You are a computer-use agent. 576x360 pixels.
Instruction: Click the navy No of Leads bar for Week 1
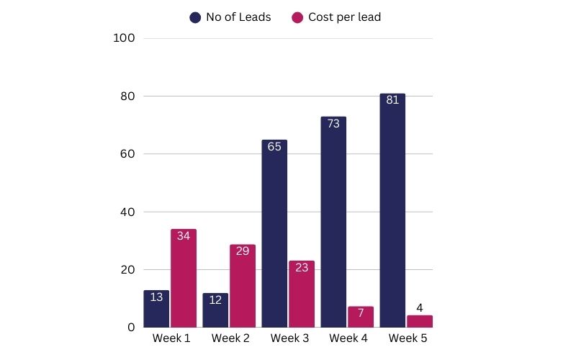coord(156,310)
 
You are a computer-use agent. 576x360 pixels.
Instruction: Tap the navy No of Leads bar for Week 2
coord(215,311)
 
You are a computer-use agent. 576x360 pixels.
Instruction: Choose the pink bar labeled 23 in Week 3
coord(301,295)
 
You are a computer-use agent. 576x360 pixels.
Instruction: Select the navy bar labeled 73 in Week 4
coord(333,223)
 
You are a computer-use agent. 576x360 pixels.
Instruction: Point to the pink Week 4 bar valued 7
coord(360,318)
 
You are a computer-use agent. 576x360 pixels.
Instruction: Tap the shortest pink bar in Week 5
coord(419,321)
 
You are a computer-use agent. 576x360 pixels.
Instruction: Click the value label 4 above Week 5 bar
coord(419,308)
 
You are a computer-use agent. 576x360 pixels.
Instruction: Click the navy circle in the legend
coord(195,17)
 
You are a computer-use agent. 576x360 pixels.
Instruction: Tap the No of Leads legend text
coord(238,17)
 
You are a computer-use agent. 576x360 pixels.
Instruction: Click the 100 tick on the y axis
coord(125,38)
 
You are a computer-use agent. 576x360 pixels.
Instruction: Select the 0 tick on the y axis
coord(132,328)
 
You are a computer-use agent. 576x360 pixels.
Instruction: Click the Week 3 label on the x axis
coord(288,338)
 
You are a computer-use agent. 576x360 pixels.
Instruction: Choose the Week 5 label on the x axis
coord(406,338)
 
